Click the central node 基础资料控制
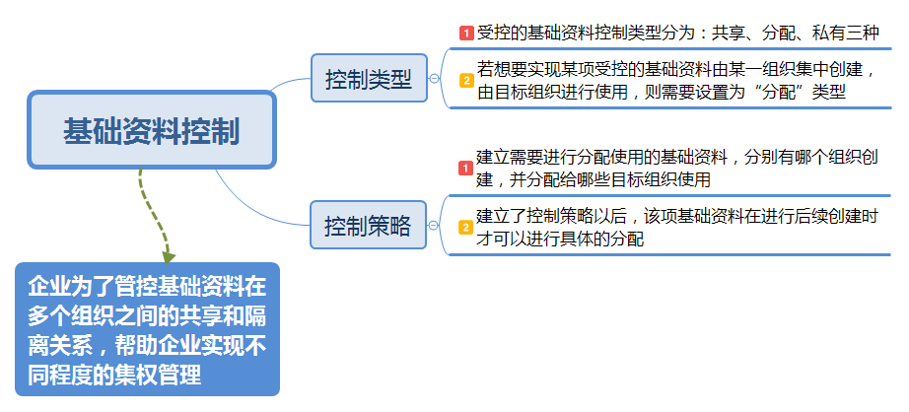coord(151,130)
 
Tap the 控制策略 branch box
coord(369,226)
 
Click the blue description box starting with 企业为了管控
coord(147,330)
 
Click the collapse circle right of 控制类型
coord(435,80)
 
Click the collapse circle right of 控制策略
coord(435,226)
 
